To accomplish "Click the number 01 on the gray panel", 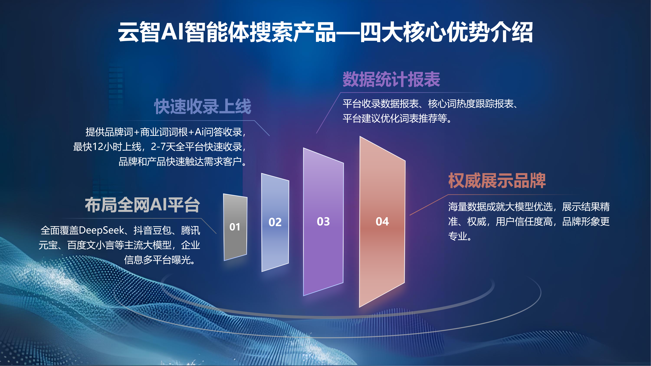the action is pos(235,227).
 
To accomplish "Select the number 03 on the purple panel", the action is pos(323,222).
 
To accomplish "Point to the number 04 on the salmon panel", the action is pos(382,222).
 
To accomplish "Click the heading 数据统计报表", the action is pos(391,79).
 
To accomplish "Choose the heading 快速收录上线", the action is pos(203,106).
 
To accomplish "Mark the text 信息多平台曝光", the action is pos(159,260).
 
